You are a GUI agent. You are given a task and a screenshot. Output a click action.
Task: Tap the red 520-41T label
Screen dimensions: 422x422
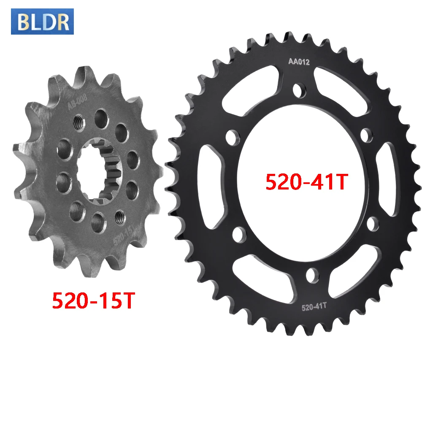tap(307, 182)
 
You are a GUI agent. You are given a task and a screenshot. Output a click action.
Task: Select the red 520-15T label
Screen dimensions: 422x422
tap(93, 300)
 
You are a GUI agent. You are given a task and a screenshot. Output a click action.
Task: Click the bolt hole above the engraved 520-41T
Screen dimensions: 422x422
tap(312, 275)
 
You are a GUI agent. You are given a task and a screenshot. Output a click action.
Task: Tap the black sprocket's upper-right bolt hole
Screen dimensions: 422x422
tap(366, 134)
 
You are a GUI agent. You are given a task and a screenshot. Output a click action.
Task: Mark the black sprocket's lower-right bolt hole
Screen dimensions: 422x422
tap(373, 224)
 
